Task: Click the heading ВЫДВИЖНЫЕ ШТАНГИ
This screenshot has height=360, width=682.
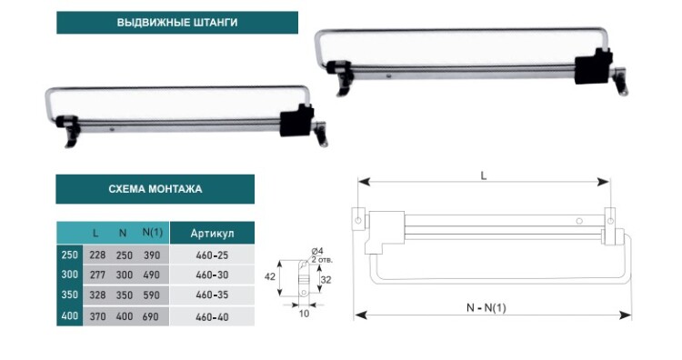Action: tap(177, 23)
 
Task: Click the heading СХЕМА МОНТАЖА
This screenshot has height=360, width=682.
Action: tap(155, 189)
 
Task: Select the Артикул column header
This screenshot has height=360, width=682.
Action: tap(212, 234)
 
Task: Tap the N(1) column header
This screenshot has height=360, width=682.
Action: tap(152, 233)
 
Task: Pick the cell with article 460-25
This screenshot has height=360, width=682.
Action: tap(212, 255)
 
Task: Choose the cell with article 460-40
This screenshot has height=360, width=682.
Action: tap(212, 317)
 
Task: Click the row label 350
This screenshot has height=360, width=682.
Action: tap(70, 295)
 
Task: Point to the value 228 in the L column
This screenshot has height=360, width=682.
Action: tap(97, 255)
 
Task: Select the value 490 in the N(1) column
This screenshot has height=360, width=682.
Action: tap(151, 275)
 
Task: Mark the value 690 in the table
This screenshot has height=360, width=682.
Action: tap(150, 316)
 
